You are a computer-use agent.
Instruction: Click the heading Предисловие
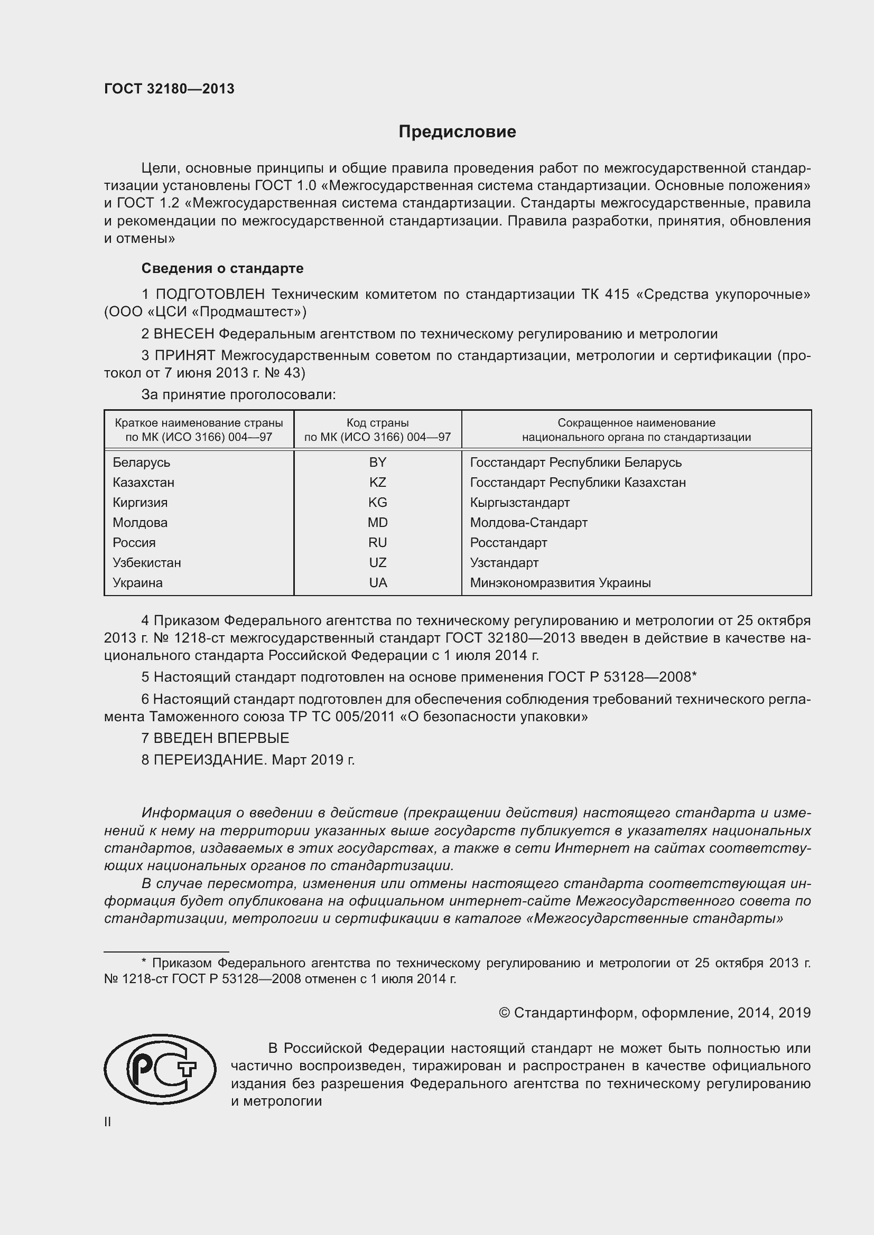coord(457,132)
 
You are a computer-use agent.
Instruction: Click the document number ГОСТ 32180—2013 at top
coord(169,89)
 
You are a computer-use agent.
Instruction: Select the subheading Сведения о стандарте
coord(222,268)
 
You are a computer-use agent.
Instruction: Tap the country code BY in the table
coord(377,462)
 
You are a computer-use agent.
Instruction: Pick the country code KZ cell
coord(377,482)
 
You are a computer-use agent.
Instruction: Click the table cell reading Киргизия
coord(140,502)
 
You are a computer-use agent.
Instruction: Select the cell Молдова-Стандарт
coord(528,522)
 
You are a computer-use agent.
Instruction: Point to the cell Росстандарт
coord(508,542)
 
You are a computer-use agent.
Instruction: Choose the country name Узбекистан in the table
coord(146,563)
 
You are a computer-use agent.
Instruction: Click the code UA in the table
coord(378,582)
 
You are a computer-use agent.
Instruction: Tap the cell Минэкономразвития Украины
coord(560,582)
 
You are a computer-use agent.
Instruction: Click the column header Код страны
coord(377,423)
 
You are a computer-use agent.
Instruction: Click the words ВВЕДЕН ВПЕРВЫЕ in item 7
coord(221,738)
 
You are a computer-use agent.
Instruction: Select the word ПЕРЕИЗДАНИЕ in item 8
coord(210,759)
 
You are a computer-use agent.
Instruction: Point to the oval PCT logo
coord(160,1073)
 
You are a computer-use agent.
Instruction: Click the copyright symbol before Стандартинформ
coord(504,1013)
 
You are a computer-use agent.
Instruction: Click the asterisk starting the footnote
coord(144,963)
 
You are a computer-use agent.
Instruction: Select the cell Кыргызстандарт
coord(519,502)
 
